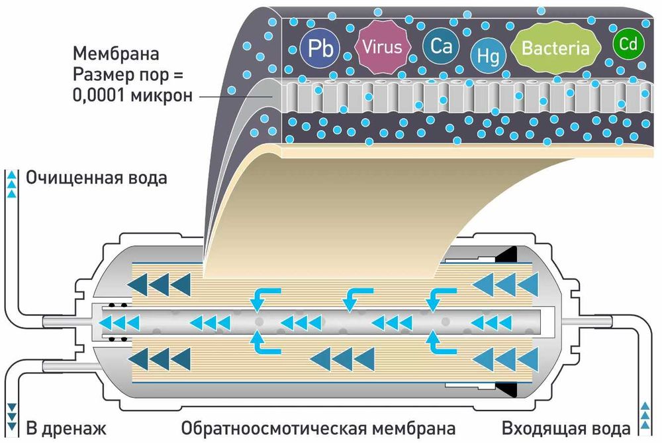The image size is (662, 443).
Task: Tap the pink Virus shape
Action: tap(379, 47)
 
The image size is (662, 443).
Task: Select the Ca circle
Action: tap(441, 46)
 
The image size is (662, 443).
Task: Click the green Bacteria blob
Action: tap(555, 48)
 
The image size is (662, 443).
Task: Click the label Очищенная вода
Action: tap(96, 178)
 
